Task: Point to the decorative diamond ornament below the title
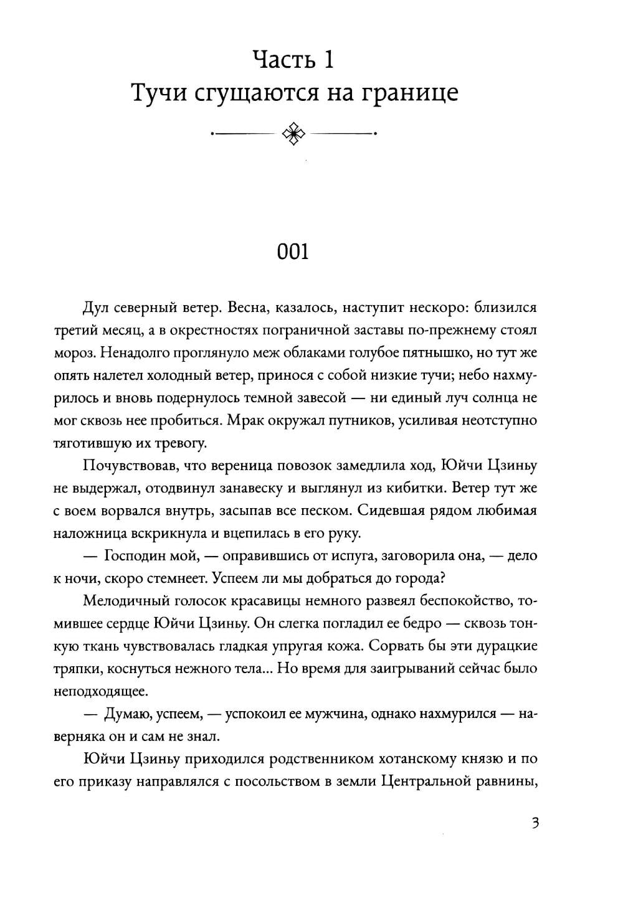pos(293,133)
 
